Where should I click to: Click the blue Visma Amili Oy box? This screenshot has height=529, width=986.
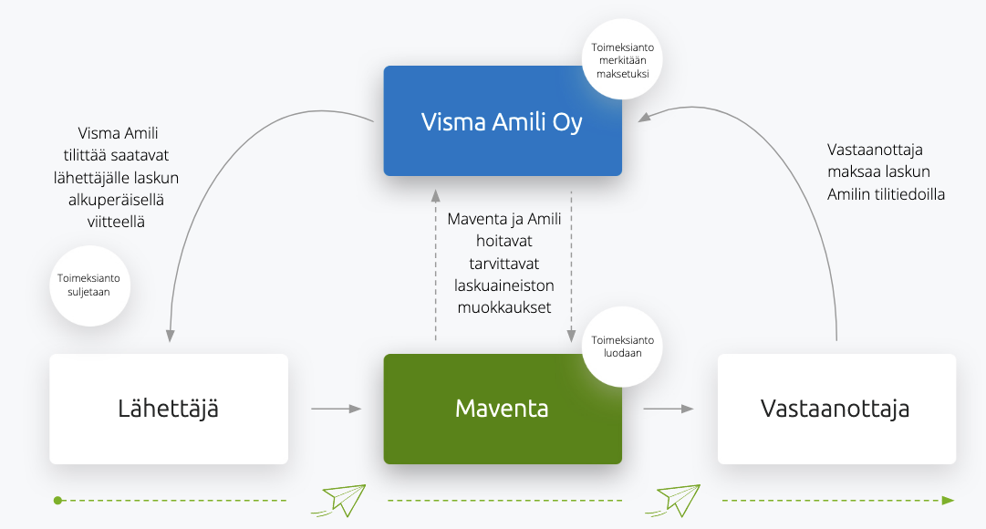click(503, 120)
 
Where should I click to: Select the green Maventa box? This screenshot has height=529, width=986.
click(503, 409)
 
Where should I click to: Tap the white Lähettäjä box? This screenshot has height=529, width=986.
click(169, 409)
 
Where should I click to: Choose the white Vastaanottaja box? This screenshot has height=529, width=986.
click(836, 409)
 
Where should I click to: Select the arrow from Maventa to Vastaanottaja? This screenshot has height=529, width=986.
click(669, 409)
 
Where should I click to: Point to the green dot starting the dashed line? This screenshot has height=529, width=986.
click(57, 500)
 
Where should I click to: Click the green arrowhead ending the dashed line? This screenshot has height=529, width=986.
click(948, 500)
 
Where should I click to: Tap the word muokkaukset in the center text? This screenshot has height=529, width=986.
click(503, 307)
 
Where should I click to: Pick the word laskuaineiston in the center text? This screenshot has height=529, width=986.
click(503, 285)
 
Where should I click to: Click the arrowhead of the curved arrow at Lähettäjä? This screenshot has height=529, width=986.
click(169, 337)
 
